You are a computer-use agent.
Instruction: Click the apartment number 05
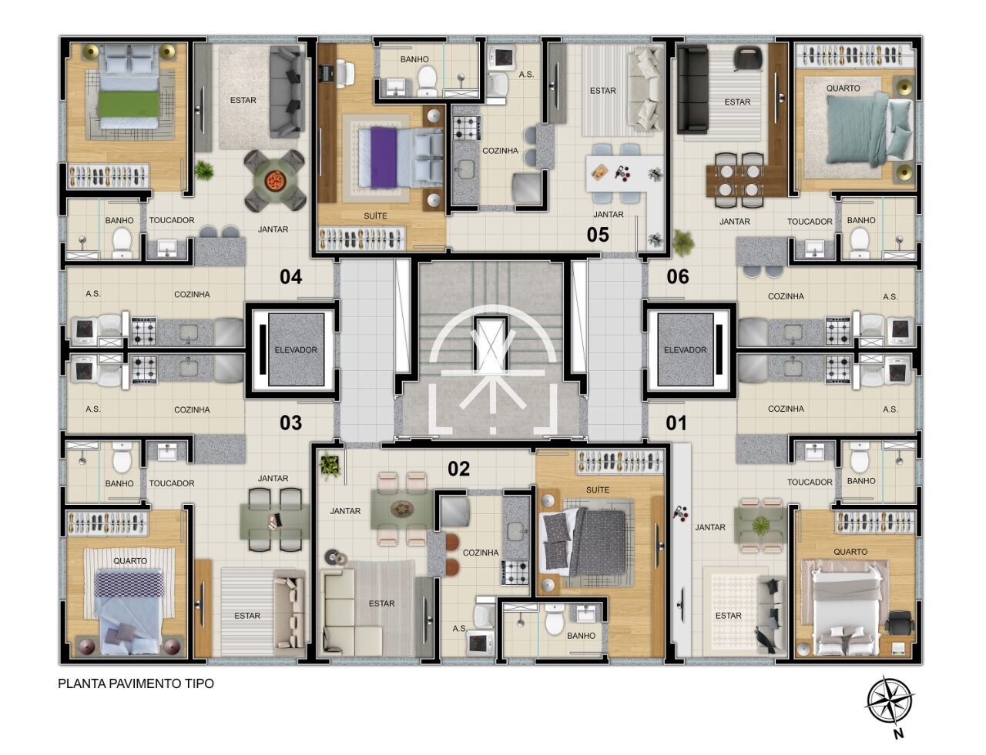pyautogui.click(x=598, y=235)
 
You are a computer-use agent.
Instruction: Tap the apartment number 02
pyautogui.click(x=458, y=469)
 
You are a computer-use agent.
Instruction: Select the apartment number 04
pyautogui.click(x=291, y=276)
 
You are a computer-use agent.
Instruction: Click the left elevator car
pyautogui.click(x=296, y=349)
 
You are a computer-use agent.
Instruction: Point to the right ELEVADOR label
pyautogui.click(x=685, y=350)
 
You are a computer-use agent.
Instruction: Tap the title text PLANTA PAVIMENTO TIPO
pyautogui.click(x=136, y=683)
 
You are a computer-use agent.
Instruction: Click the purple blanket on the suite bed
pyautogui.click(x=384, y=157)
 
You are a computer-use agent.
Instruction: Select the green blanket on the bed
pyautogui.click(x=129, y=104)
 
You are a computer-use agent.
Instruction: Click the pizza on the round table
pyautogui.click(x=274, y=180)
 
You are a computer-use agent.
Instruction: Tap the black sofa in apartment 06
pyautogui.click(x=693, y=89)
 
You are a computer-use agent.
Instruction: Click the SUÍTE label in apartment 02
pyautogui.click(x=598, y=490)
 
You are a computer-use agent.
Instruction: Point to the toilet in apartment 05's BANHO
pyautogui.click(x=426, y=80)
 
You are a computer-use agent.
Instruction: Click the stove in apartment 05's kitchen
pyautogui.click(x=467, y=128)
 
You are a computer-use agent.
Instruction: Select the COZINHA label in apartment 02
pyautogui.click(x=481, y=553)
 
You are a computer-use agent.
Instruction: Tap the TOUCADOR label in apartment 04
pyautogui.click(x=172, y=220)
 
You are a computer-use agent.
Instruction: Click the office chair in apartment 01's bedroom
pyautogui.click(x=899, y=624)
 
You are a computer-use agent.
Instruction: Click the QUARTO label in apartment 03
pyautogui.click(x=129, y=560)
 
